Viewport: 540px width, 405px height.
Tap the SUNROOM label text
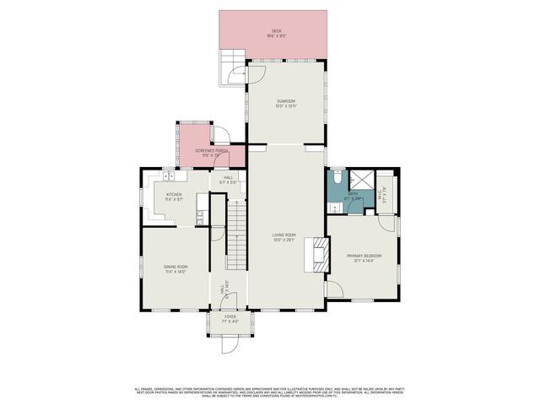tap(287, 103)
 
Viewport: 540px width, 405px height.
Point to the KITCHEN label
tap(174, 197)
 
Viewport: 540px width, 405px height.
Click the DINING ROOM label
tap(175, 269)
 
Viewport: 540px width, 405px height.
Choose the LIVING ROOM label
tap(283, 237)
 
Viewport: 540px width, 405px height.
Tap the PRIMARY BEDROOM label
tap(364, 257)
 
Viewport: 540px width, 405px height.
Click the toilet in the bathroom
tap(335, 179)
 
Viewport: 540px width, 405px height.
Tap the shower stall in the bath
tap(361, 180)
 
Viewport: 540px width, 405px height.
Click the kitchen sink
tap(169, 177)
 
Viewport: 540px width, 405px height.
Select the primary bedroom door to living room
tap(334, 289)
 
